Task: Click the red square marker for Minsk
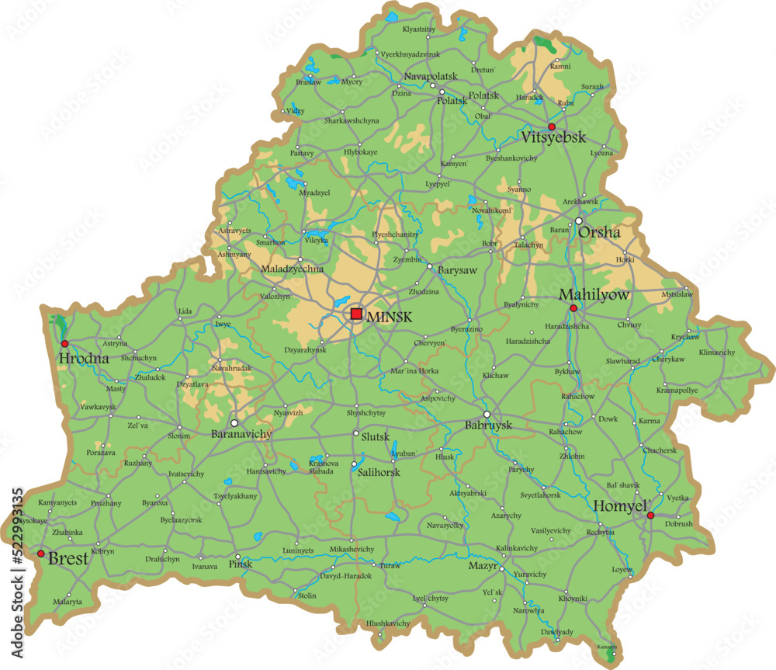coord(356,314)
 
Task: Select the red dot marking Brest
coord(40,554)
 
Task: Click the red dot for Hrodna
coord(64,343)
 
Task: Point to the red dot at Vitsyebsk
coord(552,127)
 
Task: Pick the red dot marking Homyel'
coord(650,516)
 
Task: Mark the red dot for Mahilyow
coord(573,308)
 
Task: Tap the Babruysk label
coord(488,426)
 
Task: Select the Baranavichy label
coord(241,435)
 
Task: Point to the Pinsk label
coord(242,564)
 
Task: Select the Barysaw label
coord(457,269)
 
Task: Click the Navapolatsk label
coord(431,76)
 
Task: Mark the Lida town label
coord(185,311)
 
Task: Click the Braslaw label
coord(308,82)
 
